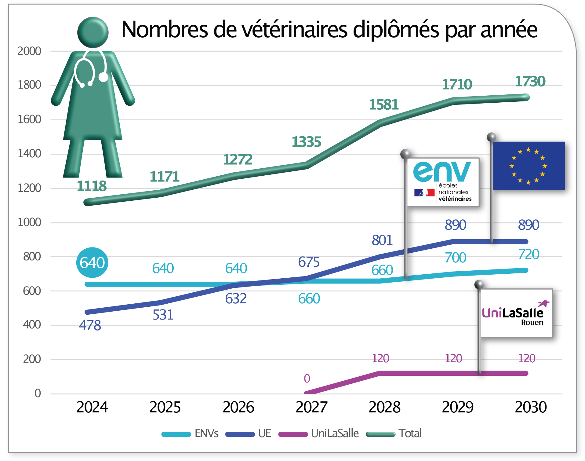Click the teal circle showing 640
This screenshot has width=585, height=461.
pos(92,262)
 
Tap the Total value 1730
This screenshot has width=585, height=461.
pos(530,81)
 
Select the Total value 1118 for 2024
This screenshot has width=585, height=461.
pos(92,186)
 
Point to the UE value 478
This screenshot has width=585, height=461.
pos(90,325)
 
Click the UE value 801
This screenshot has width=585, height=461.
pos(382,240)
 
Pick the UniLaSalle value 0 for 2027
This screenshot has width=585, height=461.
pos(307,379)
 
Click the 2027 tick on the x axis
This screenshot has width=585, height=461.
pos(311,407)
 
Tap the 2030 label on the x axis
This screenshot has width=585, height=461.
pos(531,407)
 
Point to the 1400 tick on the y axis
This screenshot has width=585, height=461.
pos(29,153)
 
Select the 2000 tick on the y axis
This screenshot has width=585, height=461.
pos(29,51)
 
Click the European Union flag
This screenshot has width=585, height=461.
pos(529,166)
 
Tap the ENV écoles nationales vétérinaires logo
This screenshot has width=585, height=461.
pos(443,182)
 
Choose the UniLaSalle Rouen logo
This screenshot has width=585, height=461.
pos(516,313)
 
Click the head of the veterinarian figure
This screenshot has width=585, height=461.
pos(93,32)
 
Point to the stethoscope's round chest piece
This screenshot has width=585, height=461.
pos(104,77)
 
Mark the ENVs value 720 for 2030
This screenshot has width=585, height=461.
pos(529,254)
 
